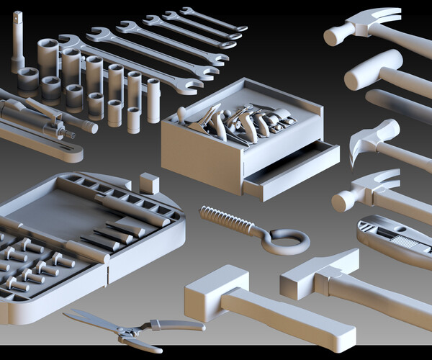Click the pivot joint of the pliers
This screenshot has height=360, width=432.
[130, 332]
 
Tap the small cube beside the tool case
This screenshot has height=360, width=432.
[149, 183]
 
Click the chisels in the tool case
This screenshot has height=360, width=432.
[108, 234]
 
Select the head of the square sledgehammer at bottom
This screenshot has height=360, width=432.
[216, 292]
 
